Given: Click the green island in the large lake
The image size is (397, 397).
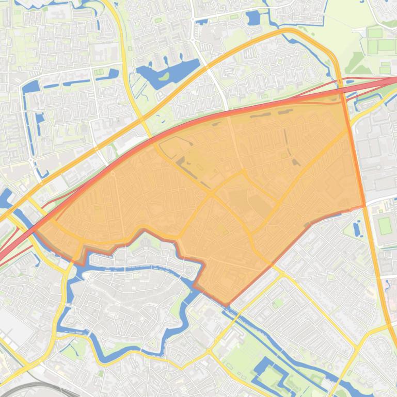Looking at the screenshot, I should click(164, 77).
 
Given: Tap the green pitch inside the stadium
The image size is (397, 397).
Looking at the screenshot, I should click(385, 225).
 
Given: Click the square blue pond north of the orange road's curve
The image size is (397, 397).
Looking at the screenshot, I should click(253, 19).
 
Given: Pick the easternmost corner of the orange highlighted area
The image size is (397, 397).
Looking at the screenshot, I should click(364, 205).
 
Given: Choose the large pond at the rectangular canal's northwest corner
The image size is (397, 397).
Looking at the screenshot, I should click(30, 88).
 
